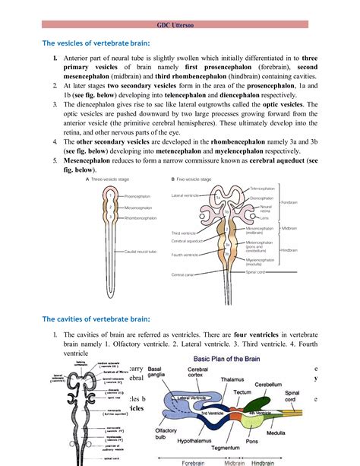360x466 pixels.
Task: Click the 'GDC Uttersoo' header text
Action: pos(179,24)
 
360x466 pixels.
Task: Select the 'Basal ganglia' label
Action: pos(169,373)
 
